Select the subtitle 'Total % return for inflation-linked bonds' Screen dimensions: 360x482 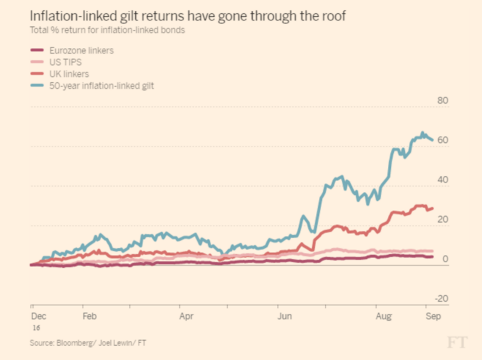point(107,30)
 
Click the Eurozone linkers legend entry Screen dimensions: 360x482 point(81,50)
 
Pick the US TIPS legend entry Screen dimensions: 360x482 point(67,62)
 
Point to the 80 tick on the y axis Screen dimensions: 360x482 point(443,100)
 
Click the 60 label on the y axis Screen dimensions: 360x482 point(443,140)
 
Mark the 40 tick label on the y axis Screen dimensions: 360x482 point(443,179)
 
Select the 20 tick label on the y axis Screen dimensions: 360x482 point(443,219)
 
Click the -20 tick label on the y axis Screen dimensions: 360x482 point(442,298)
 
